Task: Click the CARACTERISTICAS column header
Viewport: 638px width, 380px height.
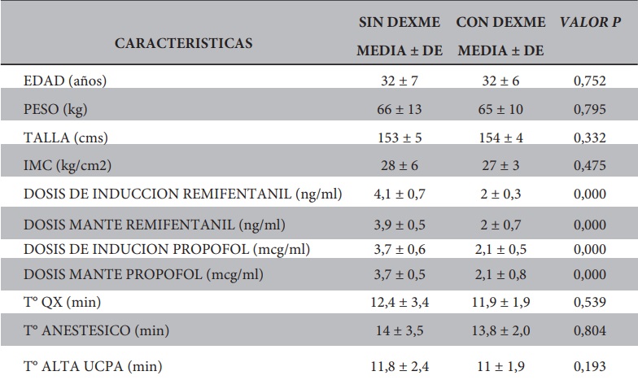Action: point(183,42)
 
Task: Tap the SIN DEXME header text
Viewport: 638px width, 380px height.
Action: point(400,23)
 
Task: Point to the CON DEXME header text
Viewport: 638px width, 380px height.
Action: point(500,23)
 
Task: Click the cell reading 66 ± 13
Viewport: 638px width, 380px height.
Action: point(400,108)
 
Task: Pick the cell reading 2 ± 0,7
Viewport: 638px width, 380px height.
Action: point(500,224)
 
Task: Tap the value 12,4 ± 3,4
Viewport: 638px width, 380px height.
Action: point(400,303)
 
